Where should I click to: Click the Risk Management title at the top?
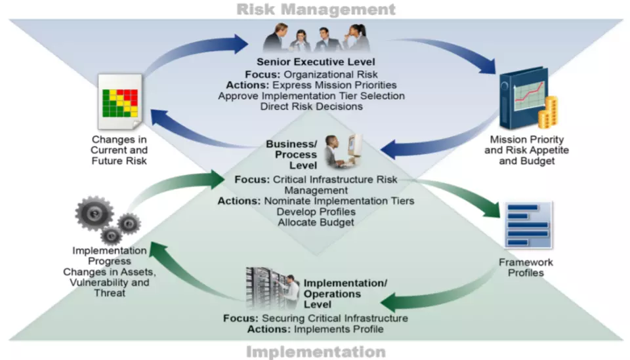pos(316,9)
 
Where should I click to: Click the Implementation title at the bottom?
pos(316,352)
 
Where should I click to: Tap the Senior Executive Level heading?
pos(316,62)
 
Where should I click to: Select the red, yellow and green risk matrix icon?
pos(120,103)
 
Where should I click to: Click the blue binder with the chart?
pos(523,98)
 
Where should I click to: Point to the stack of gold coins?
pos(549,113)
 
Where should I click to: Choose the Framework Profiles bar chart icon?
pos(528,225)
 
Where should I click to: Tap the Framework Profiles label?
pos(526,268)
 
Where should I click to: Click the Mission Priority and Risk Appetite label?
pos(527,150)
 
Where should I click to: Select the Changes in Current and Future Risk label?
pos(119,150)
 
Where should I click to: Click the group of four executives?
pos(316,38)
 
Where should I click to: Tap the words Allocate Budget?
pos(316,222)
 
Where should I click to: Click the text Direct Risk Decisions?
pos(311,106)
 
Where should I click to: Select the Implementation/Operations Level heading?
pos(345,294)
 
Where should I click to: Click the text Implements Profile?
pos(339,329)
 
